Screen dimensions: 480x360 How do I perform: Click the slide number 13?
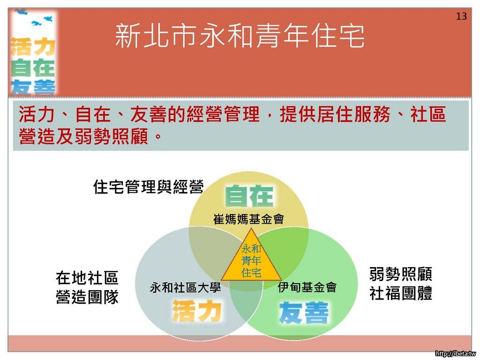coord(461,16)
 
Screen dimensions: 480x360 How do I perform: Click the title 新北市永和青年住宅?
coord(240,36)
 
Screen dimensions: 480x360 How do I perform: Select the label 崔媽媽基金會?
coord(248,219)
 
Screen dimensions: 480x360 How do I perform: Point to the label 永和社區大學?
coord(185,287)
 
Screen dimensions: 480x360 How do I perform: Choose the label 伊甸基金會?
coord(307,287)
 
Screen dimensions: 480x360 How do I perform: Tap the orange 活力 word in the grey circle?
coord(197,311)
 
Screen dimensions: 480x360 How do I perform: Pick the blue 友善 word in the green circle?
coord(304,312)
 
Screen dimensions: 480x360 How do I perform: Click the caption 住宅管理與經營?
coord(149,187)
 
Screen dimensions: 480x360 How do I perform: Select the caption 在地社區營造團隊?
coord(87,287)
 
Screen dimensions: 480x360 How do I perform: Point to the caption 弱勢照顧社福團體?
coord(401,284)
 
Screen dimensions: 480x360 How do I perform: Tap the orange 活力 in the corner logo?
coord(33,47)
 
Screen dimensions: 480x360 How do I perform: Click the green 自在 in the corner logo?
coord(33,67)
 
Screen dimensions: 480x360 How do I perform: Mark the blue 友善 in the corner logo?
coord(33,87)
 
